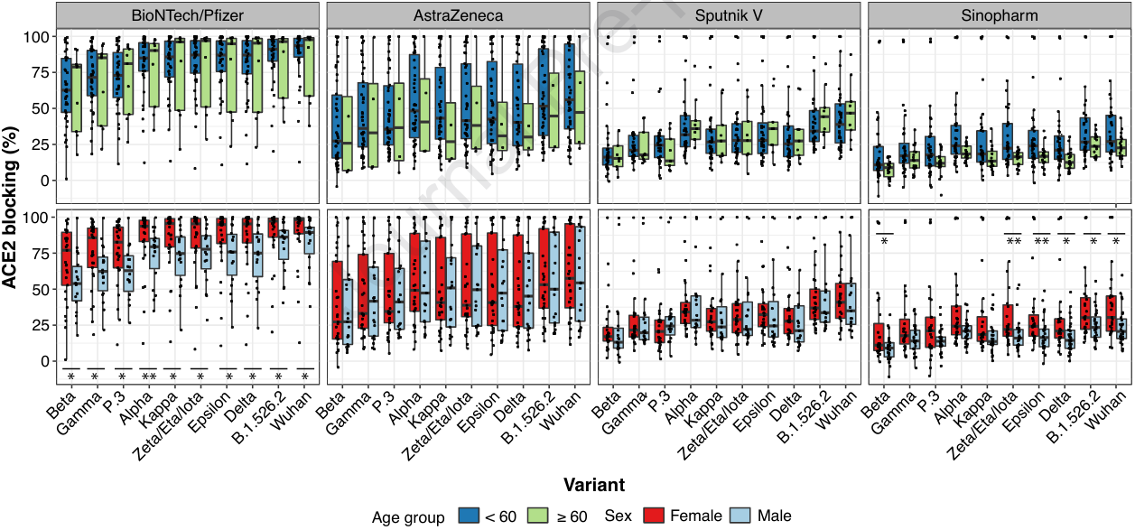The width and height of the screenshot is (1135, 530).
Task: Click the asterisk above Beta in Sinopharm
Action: click(x=885, y=241)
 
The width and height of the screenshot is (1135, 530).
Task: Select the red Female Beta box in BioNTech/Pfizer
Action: click(x=66, y=258)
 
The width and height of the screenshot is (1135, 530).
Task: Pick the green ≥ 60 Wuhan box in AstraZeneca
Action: click(x=579, y=107)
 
